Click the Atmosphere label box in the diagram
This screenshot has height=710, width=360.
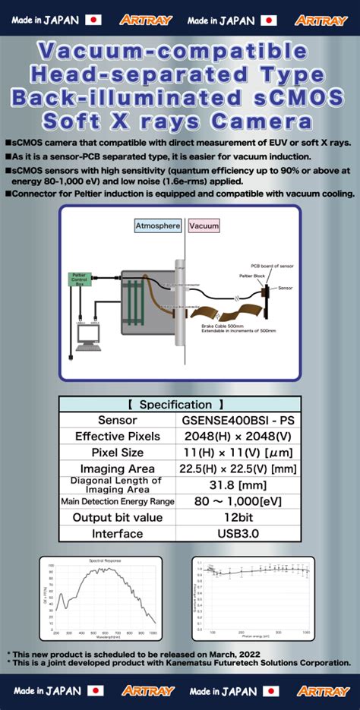tap(158, 226)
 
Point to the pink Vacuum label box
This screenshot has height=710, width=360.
tap(204, 226)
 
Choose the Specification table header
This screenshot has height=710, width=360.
tap(180, 405)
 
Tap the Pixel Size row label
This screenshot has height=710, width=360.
tap(117, 452)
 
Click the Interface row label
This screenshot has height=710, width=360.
tap(117, 533)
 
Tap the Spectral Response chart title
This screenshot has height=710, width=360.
tap(106, 561)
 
